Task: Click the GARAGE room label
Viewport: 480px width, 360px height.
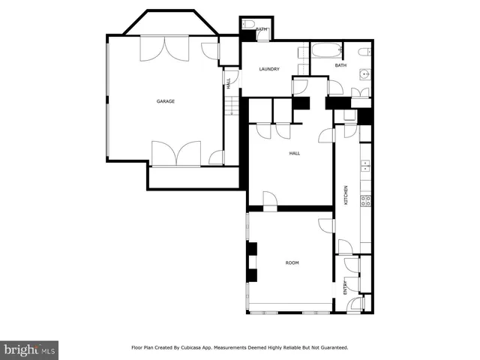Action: pyautogui.click(x=166, y=101)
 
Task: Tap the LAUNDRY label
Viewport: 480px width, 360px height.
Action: pyautogui.click(x=269, y=69)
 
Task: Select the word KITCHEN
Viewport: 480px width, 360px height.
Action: pyautogui.click(x=346, y=196)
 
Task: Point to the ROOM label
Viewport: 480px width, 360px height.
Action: pyautogui.click(x=292, y=262)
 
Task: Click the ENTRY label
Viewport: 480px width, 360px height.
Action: pyautogui.click(x=346, y=287)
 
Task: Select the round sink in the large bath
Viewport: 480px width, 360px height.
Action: pyautogui.click(x=364, y=73)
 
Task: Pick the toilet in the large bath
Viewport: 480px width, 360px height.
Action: pyautogui.click(x=364, y=52)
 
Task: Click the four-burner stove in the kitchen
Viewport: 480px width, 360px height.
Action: pyautogui.click(x=366, y=200)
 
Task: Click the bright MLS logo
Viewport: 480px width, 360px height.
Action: pyautogui.click(x=30, y=349)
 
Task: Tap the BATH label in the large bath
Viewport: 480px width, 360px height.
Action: pyautogui.click(x=340, y=65)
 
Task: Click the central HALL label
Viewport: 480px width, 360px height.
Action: pyautogui.click(x=295, y=153)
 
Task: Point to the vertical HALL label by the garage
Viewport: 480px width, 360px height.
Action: pyautogui.click(x=228, y=84)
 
